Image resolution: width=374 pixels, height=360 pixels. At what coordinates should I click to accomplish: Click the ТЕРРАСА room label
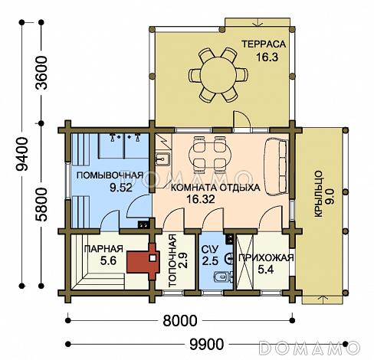pos(264,44)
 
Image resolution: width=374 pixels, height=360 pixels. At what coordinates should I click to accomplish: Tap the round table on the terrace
pos(218,75)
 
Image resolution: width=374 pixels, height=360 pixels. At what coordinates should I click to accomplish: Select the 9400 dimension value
pos(21,154)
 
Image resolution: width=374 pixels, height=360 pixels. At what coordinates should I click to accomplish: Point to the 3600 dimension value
pos(41,73)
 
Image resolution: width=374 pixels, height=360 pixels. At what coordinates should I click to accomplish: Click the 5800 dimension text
pos(41,205)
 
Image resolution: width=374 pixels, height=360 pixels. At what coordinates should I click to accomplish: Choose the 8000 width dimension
pos(180,320)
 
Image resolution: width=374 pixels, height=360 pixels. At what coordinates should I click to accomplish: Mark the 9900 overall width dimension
pos(207,344)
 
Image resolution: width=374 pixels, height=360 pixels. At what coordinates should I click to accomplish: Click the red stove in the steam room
pos(143,261)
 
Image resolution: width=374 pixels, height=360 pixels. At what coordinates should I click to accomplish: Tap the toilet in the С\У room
pos(223,277)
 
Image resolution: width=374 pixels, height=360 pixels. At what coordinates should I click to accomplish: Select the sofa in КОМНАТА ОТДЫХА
pos(276,166)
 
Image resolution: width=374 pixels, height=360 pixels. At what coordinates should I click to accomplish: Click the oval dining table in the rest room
pos(210,154)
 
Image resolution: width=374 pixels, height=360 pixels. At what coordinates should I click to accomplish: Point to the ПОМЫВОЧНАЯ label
pos(110,176)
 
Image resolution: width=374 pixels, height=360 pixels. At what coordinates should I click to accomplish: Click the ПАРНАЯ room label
pos(103,249)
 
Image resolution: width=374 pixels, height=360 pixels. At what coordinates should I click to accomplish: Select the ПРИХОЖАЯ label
pos(266,258)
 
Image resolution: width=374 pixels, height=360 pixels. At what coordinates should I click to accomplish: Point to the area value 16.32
pos(201,199)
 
